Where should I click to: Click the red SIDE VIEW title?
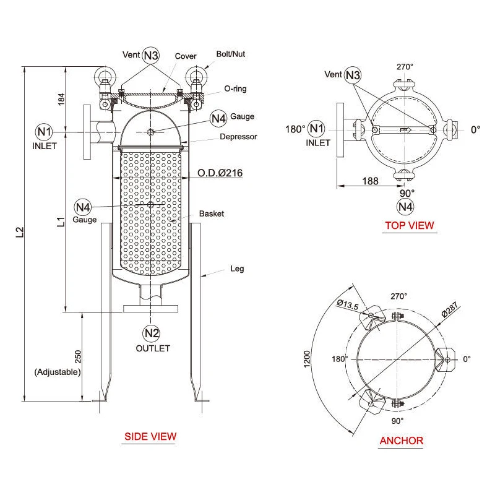150,436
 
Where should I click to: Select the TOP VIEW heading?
410,225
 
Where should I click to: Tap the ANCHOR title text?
401,441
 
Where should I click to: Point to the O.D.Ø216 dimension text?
220,173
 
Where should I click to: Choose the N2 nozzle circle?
152,333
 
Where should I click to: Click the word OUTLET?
152,348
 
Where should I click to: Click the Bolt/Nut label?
230,54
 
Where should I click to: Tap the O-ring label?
235,89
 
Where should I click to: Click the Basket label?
211,213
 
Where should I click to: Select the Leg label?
237,269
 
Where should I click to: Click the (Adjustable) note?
58,372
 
